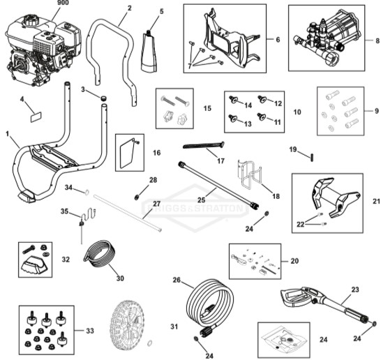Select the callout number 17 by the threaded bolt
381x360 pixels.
point(221,161)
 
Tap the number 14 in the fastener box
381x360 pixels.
point(246,105)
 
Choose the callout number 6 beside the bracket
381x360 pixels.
point(276,40)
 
